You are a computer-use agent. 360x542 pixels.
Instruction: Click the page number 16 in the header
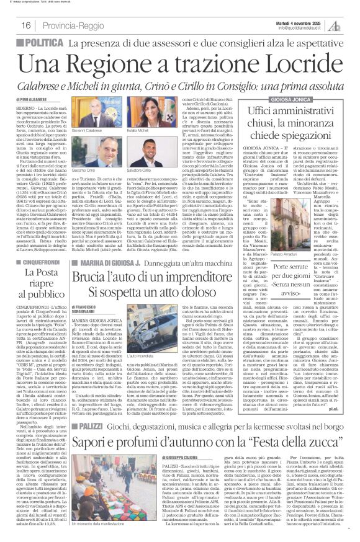pos(26,25)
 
